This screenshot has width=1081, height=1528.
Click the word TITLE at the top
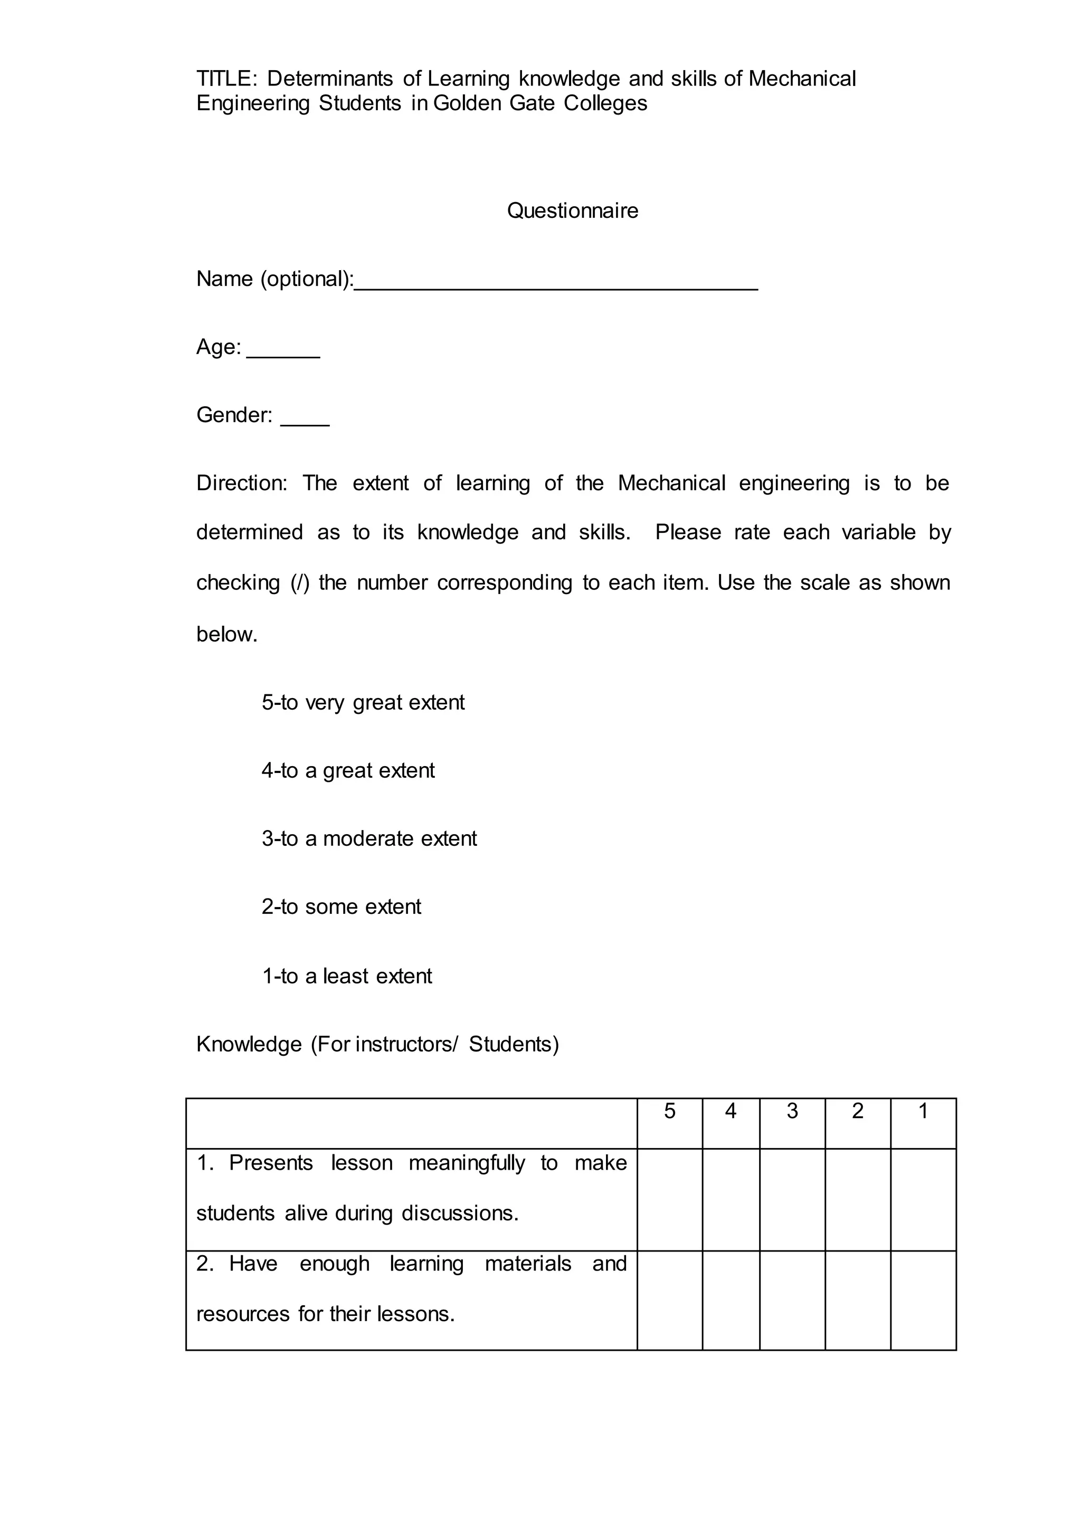click(x=225, y=79)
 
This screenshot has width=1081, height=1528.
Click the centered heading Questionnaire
click(x=573, y=211)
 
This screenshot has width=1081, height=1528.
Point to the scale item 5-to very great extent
click(x=363, y=703)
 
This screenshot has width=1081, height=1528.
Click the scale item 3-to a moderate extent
click(x=369, y=838)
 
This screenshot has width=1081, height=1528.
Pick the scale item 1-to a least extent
click(x=347, y=976)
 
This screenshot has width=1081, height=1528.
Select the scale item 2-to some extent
click(x=341, y=907)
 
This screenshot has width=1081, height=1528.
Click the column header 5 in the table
click(x=670, y=1111)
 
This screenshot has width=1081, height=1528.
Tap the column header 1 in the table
click(x=923, y=1111)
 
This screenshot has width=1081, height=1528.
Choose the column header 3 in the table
click(x=792, y=1111)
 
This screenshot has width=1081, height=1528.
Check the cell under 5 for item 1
click(x=670, y=1200)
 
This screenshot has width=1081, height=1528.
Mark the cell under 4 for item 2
click(x=731, y=1301)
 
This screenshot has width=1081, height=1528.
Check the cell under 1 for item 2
click(x=923, y=1301)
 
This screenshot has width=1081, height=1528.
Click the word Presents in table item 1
click(x=271, y=1163)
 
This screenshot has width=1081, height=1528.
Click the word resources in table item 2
click(x=243, y=1314)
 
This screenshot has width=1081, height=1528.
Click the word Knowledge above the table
click(x=249, y=1044)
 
